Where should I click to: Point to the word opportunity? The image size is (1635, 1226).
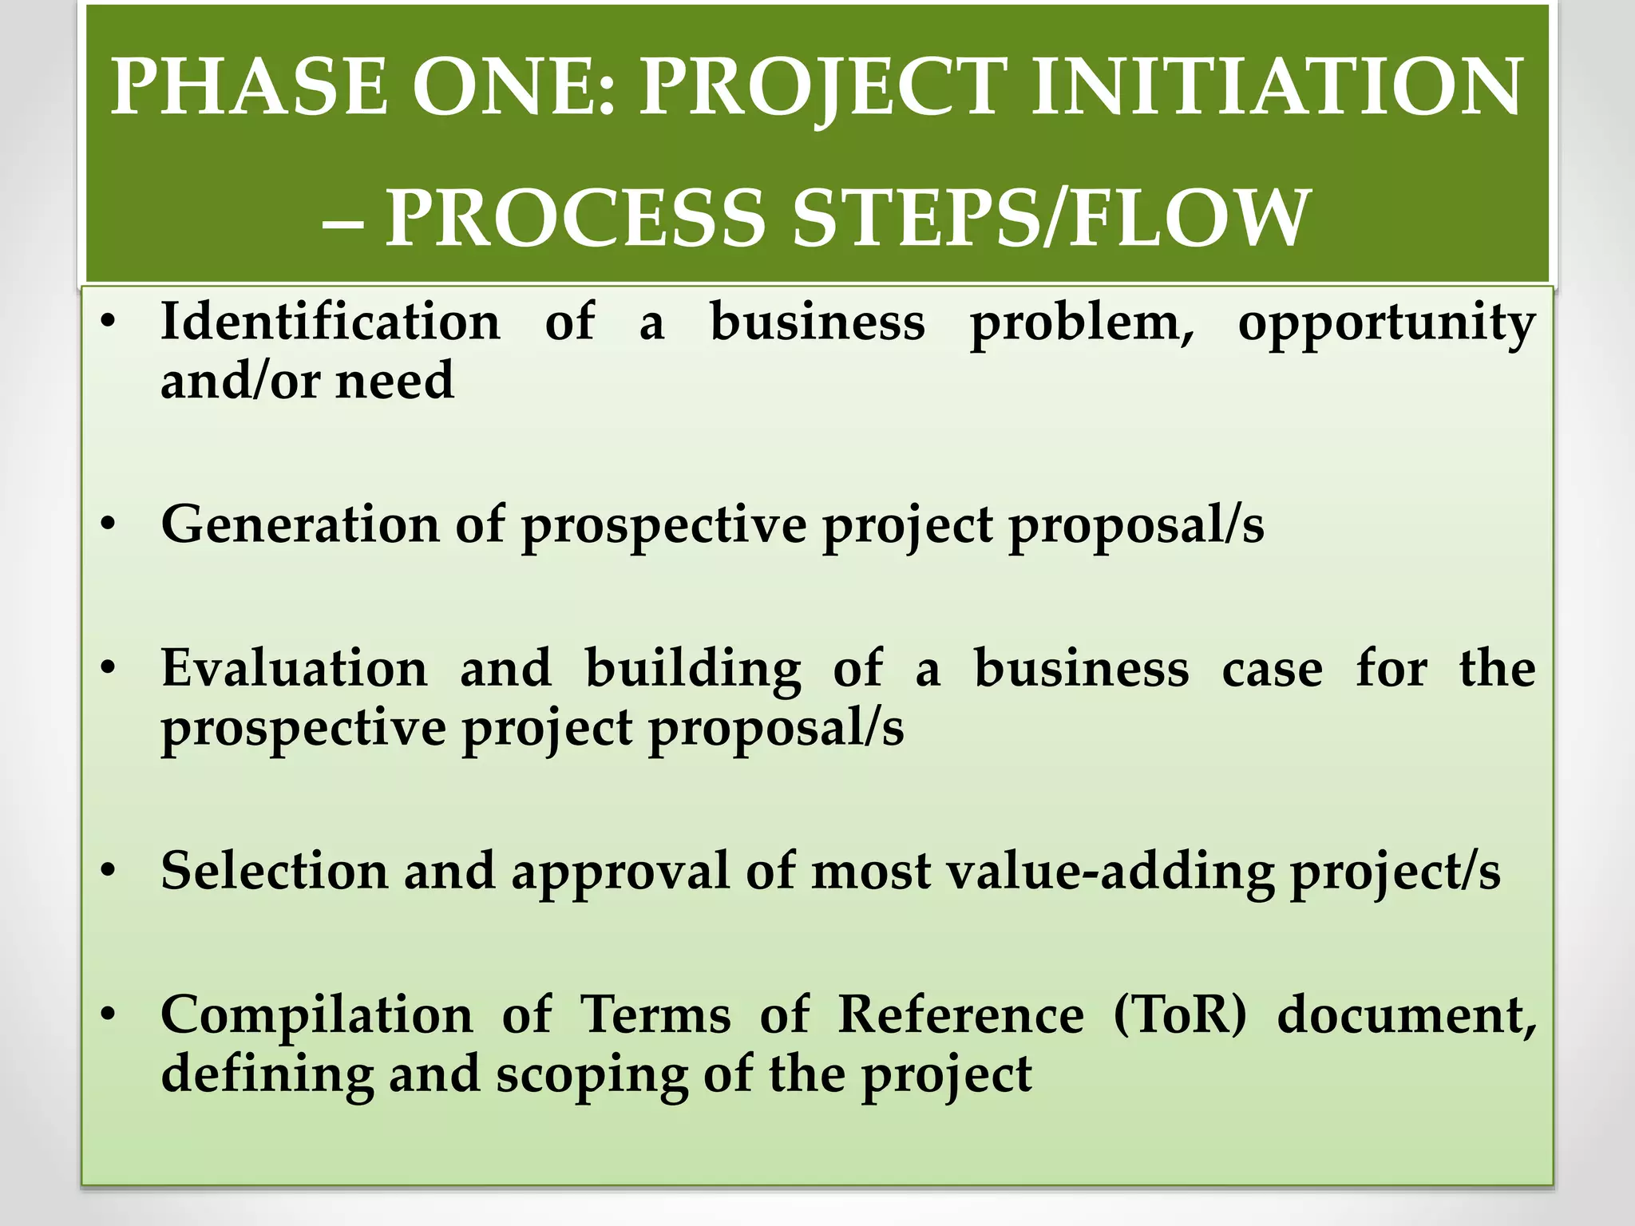[x=1387, y=324]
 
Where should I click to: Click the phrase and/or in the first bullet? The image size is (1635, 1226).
[x=240, y=381]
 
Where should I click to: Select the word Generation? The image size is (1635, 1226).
[x=300, y=525]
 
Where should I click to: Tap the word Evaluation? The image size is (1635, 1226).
[x=294, y=668]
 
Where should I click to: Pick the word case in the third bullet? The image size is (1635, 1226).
[x=1272, y=670]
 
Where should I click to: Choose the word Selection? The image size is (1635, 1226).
[x=274, y=871]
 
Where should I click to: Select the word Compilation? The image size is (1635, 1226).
[x=316, y=1016]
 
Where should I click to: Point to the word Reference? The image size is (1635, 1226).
[x=960, y=1015]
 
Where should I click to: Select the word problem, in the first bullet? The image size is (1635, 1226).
[x=1082, y=324]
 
